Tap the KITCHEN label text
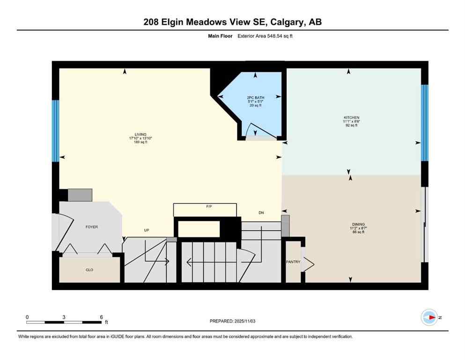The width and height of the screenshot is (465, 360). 350,118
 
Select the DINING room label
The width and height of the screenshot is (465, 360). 359,225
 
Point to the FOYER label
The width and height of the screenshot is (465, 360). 91,227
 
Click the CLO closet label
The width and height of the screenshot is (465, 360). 89,270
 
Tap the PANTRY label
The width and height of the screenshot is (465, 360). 293,262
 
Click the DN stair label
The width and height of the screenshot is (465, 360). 261,213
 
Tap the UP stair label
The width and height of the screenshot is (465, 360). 147,230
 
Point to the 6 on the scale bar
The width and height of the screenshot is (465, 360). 101,317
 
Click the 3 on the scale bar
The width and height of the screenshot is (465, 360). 64,317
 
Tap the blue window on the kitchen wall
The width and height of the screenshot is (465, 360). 424,123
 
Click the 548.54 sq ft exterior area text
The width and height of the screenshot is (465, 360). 276,36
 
